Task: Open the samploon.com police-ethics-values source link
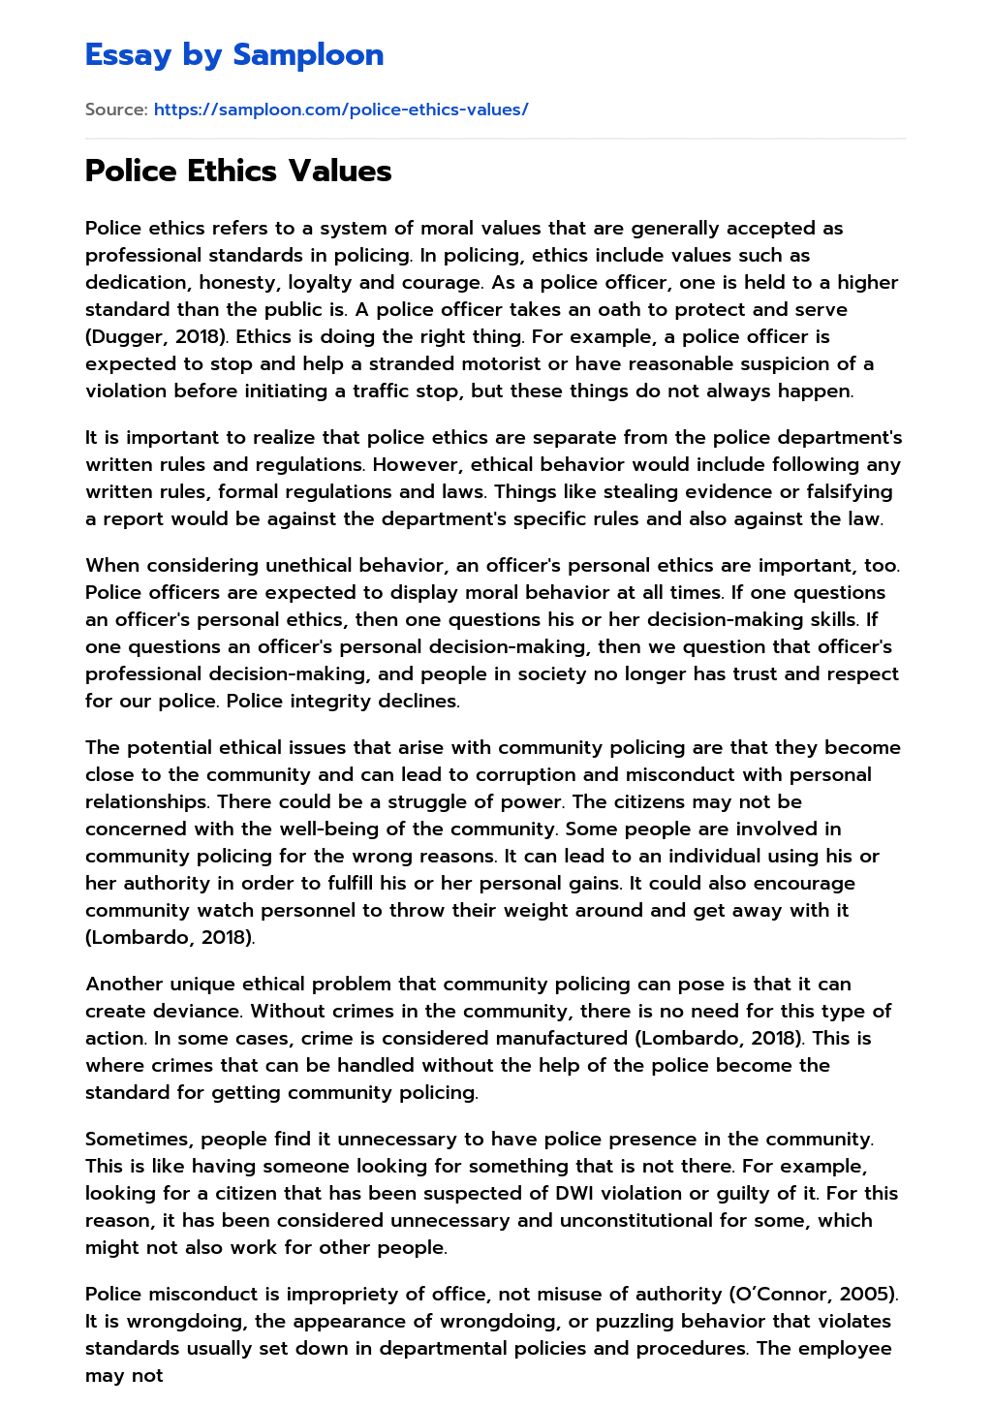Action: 341,110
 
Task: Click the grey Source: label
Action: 116,110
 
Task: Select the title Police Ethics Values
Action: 238,171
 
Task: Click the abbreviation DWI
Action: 589,1194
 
